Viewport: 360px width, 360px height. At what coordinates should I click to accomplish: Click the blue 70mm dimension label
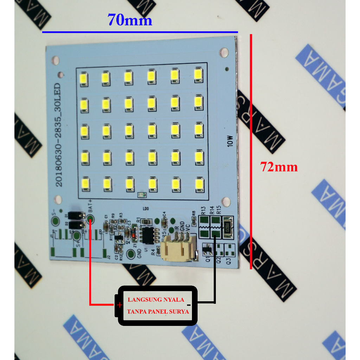tap(130, 20)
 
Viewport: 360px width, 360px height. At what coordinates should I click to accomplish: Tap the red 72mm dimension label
tap(279, 167)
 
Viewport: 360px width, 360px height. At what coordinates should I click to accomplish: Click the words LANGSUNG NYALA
tap(156, 300)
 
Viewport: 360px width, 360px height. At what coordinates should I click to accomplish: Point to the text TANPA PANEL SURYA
tap(158, 311)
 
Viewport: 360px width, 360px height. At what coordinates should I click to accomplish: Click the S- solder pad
tap(56, 221)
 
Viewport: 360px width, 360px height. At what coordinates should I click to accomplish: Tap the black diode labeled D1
tap(76, 214)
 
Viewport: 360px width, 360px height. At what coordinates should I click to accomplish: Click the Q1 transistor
tap(207, 250)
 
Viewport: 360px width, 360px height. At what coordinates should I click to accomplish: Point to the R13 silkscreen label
tap(203, 211)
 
